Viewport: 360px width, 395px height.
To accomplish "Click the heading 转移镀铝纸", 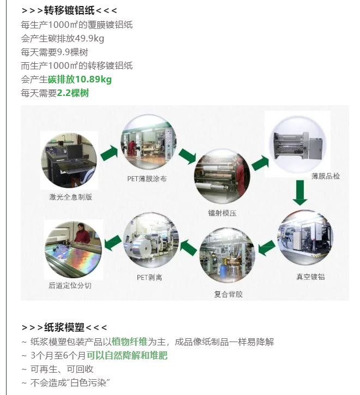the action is click(x=69, y=10).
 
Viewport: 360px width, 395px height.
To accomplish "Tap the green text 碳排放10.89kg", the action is click(x=80, y=79).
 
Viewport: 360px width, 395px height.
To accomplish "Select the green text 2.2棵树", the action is click(x=73, y=93).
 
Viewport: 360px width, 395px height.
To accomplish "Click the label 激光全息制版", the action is click(x=70, y=197).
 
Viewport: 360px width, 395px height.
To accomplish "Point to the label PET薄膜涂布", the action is click(x=147, y=178).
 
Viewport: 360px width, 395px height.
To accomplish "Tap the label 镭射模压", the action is click(x=222, y=213).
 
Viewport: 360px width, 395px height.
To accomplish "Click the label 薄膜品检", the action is click(x=326, y=176).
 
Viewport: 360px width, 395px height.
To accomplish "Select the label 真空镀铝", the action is click(x=310, y=277).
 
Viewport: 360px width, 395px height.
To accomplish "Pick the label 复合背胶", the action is click(x=228, y=294).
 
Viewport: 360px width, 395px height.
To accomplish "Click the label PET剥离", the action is click(x=149, y=277).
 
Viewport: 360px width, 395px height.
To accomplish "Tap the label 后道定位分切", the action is click(x=70, y=285).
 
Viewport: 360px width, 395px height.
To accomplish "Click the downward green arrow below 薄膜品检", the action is click(x=300, y=193).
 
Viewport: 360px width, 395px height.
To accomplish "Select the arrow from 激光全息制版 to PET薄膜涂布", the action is click(x=109, y=153).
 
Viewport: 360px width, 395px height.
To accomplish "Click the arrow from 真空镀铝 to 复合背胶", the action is click(x=267, y=248).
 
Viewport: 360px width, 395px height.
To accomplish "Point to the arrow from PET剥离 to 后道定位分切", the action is click(x=113, y=243).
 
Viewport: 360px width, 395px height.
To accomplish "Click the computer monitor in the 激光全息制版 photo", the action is click(x=75, y=152).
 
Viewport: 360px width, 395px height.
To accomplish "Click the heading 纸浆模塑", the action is click(x=64, y=327).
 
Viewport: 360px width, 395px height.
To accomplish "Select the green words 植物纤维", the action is click(x=129, y=342).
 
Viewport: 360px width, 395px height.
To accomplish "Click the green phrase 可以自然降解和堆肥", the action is click(x=127, y=355).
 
